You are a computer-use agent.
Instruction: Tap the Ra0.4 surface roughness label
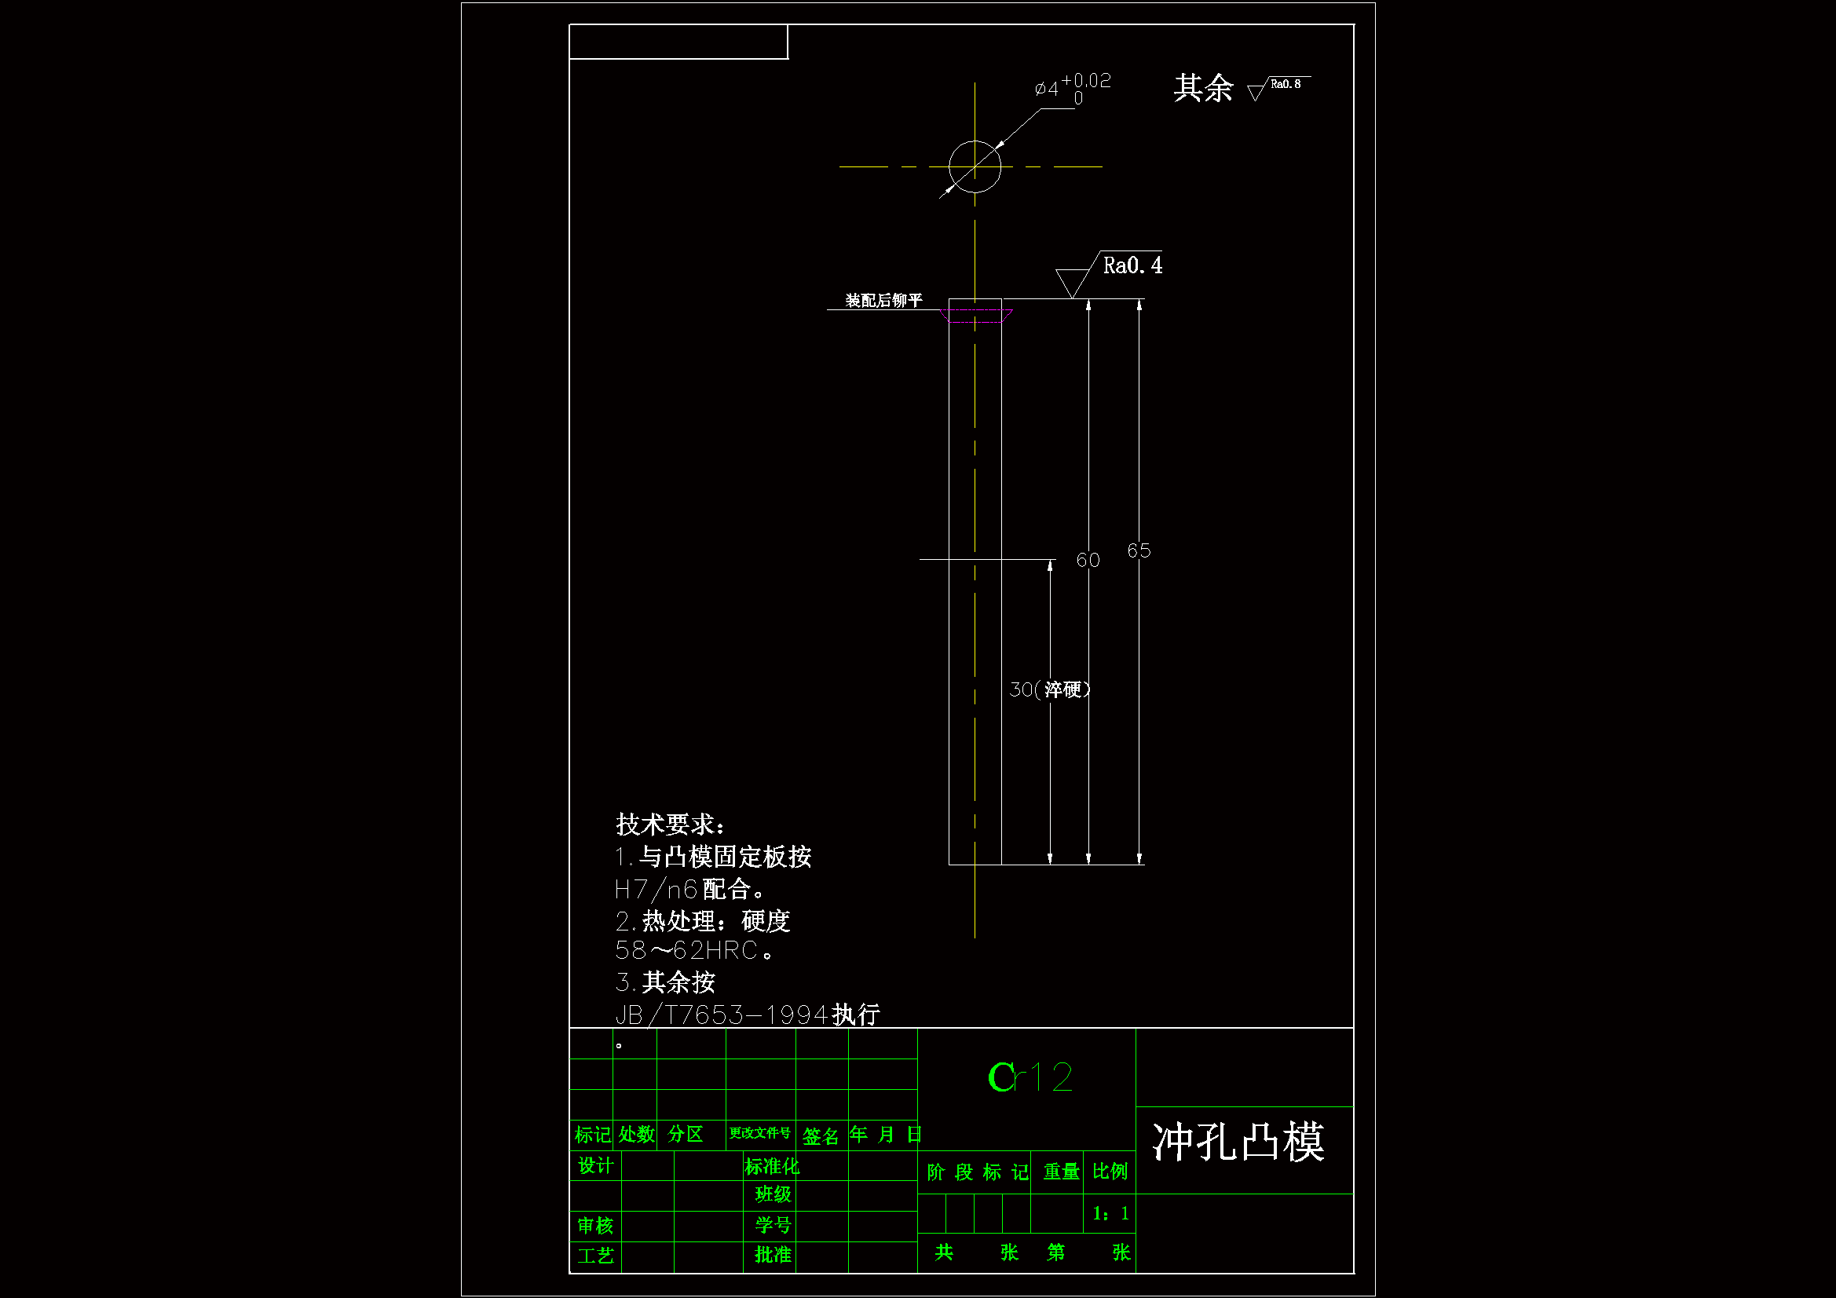pos(1132,265)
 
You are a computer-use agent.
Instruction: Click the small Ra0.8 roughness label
pos(1285,84)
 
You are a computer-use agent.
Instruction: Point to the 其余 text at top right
pos(1203,88)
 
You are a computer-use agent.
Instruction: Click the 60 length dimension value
pos(1088,560)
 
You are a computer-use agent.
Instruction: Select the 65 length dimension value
pos(1139,550)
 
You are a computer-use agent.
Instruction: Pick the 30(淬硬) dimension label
pos(1049,689)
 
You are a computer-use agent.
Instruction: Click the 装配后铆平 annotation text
pos(883,301)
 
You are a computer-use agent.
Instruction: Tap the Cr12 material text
pos(1030,1077)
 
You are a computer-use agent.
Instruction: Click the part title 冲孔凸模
pos(1238,1142)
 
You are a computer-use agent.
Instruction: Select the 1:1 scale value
pos(1110,1214)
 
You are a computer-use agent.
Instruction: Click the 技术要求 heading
pos(670,825)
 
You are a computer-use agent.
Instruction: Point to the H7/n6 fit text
pos(656,890)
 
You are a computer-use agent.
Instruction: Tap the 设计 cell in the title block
pos(596,1166)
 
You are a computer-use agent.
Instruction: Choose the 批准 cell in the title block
pos(773,1255)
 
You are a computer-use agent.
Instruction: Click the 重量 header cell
pos(1061,1172)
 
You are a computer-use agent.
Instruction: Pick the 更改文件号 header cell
pos(759,1133)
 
